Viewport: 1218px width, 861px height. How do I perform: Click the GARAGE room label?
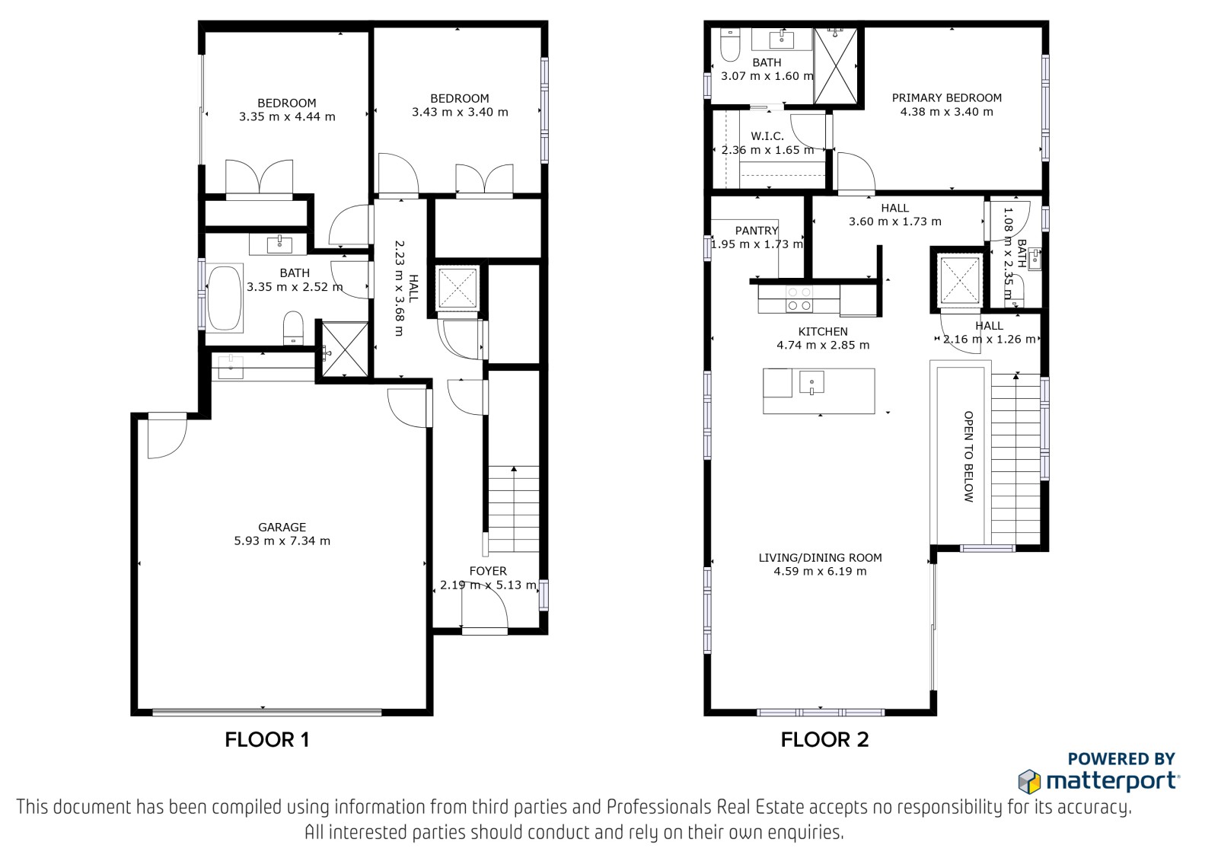click(x=282, y=527)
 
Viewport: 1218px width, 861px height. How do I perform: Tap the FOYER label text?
click(x=488, y=571)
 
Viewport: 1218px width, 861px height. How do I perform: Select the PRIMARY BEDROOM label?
click(x=947, y=98)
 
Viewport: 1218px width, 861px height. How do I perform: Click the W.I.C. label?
click(x=767, y=136)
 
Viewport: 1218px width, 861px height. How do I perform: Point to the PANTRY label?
click(x=757, y=231)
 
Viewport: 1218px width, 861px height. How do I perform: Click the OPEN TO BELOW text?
click(x=968, y=456)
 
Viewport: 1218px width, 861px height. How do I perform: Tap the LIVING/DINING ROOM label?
click(x=820, y=557)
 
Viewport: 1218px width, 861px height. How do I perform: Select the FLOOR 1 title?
click(x=267, y=740)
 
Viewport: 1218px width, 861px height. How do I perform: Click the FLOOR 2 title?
click(x=824, y=740)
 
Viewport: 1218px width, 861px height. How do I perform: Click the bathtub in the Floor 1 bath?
click(x=225, y=298)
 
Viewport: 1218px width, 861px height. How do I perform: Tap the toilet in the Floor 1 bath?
click(x=294, y=328)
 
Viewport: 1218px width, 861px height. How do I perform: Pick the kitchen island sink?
click(x=811, y=382)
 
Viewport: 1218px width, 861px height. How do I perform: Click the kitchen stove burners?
click(x=799, y=299)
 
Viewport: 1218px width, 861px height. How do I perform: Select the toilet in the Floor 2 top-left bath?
click(x=729, y=45)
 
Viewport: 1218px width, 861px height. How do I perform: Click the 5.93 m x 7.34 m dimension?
click(x=282, y=541)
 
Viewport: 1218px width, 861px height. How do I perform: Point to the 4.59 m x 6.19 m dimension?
click(x=820, y=571)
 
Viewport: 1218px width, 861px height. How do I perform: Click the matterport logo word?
click(x=1112, y=782)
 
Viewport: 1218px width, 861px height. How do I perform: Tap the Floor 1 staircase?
click(x=514, y=509)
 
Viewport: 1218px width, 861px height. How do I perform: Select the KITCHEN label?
click(x=823, y=331)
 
